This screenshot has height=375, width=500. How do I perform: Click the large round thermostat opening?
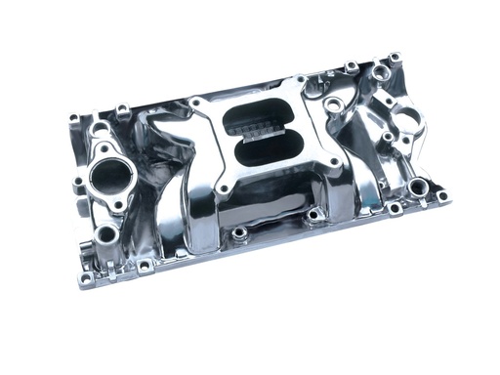click(x=114, y=177)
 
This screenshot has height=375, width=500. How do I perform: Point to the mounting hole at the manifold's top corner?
click(x=394, y=59)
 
